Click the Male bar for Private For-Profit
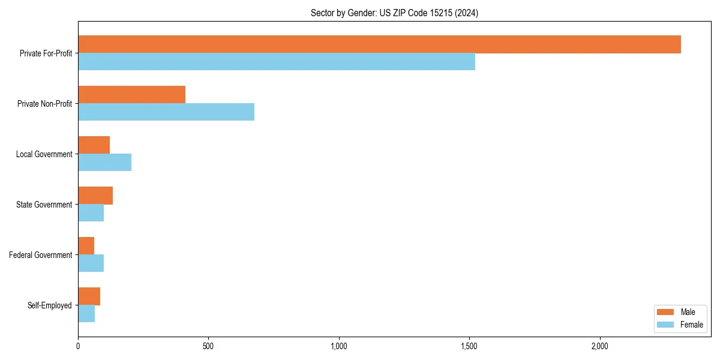tap(379, 44)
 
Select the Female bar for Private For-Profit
tap(277, 62)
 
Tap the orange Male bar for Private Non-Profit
tap(131, 95)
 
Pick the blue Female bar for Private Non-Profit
tap(166, 112)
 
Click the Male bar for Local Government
tap(94, 145)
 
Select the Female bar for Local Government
tap(104, 163)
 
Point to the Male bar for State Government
tap(95, 196)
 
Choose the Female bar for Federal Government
tap(91, 263)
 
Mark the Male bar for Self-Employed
tap(89, 296)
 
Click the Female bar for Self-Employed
tap(86, 314)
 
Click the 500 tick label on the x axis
tap(208, 347)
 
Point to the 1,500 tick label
tap(469, 347)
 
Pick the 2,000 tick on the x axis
tap(599, 347)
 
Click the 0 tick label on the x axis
tap(78, 347)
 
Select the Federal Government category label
tap(41, 255)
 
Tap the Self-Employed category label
tap(50, 305)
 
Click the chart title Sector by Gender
tap(394, 13)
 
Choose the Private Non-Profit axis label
tap(45, 104)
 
